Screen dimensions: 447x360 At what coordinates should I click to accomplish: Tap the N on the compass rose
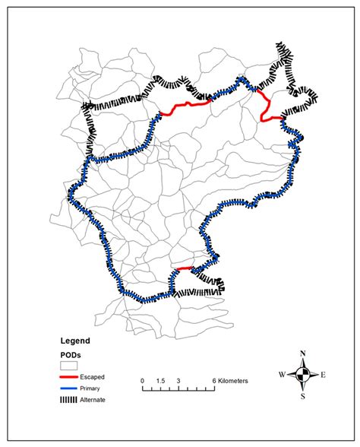303,353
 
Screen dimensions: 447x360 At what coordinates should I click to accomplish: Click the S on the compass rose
303,396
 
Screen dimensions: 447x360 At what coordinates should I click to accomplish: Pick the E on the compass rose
323,374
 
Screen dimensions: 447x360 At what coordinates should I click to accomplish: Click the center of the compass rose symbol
303,374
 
